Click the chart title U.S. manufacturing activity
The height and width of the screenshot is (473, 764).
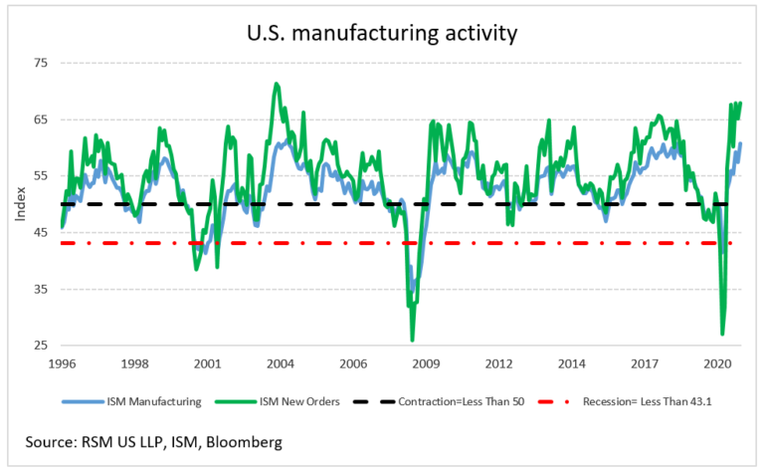pyautogui.click(x=383, y=33)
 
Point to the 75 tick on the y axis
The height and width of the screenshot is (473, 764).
pyautogui.click(x=41, y=63)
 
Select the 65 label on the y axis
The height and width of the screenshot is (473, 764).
pyautogui.click(x=41, y=119)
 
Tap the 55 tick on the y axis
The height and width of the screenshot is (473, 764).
pyautogui.click(x=41, y=176)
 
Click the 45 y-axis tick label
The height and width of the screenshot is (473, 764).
pyautogui.click(x=41, y=233)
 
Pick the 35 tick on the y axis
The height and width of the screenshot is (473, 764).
pyautogui.click(x=41, y=290)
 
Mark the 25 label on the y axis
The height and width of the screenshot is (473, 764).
pyautogui.click(x=41, y=347)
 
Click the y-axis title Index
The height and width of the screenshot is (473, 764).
pyautogui.click(x=20, y=204)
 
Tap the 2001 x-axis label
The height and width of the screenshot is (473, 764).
pyautogui.click(x=208, y=363)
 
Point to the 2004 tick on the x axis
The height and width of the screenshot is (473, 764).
pyautogui.click(x=281, y=363)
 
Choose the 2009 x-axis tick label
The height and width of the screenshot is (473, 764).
pyautogui.click(x=426, y=363)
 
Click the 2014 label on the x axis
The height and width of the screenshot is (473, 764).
pyautogui.click(x=571, y=363)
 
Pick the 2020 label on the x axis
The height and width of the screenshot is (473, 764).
pyautogui.click(x=715, y=363)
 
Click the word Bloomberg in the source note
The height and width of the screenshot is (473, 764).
pyautogui.click(x=238, y=440)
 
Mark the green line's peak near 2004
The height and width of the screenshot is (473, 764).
pyautogui.click(x=276, y=84)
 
